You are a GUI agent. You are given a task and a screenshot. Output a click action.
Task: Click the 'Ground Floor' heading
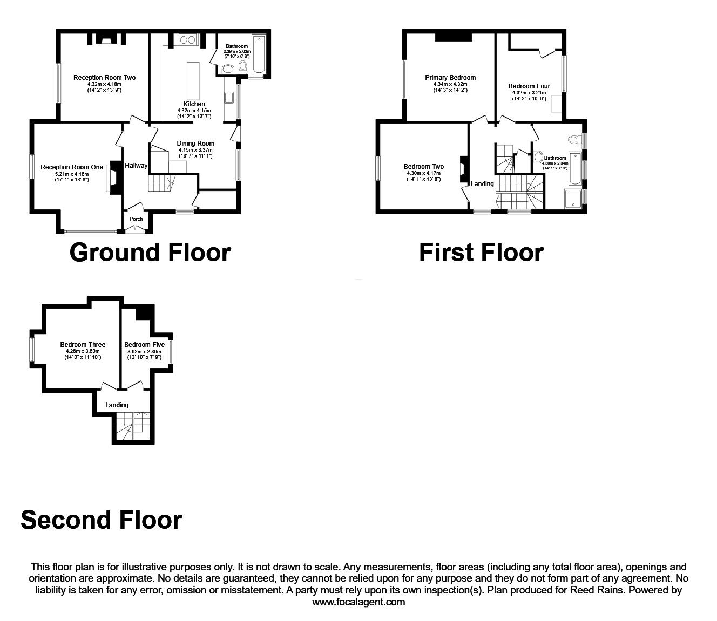150,253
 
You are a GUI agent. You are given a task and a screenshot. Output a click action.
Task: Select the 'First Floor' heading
481,253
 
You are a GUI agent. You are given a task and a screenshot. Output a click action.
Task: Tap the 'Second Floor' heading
102,520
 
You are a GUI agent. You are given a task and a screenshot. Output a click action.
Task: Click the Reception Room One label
72,167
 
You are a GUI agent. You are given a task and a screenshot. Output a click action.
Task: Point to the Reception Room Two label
104,78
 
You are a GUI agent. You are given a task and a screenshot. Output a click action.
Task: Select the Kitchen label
194,104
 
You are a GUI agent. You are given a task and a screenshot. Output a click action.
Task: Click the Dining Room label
195,144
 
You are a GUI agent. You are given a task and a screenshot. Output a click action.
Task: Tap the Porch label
136,219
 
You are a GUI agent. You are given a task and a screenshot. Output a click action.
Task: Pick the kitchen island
193,79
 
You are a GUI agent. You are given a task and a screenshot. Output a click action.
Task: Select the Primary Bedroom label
450,78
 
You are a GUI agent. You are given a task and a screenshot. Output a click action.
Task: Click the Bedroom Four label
529,86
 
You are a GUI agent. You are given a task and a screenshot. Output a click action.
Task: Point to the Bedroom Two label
424,167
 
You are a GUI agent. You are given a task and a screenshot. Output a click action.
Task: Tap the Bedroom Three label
83,345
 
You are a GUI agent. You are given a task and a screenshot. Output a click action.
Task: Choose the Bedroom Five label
144,345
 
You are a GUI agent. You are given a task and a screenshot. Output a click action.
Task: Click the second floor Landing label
117,405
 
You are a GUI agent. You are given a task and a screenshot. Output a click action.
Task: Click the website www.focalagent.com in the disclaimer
359,602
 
